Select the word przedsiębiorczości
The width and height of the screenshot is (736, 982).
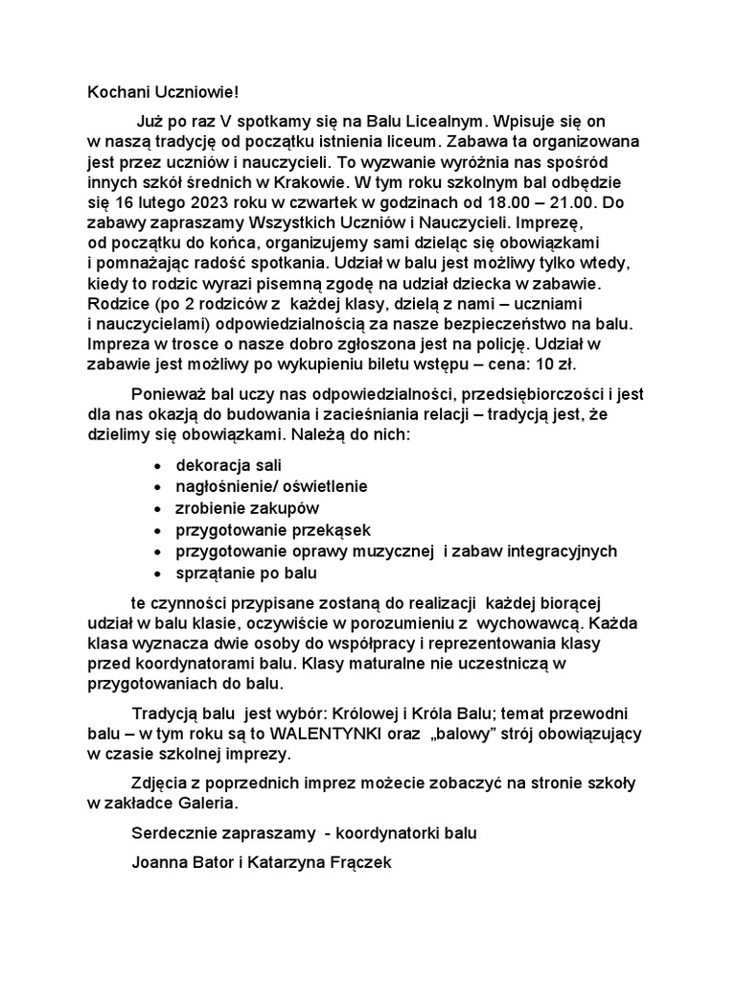[507, 393]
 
